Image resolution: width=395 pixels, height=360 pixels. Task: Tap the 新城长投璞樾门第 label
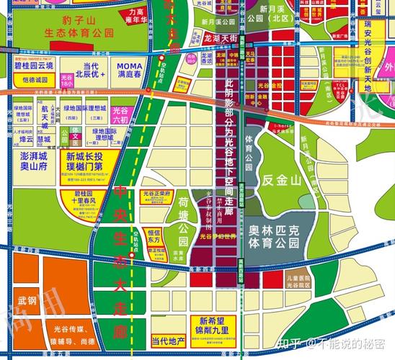[89, 162]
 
